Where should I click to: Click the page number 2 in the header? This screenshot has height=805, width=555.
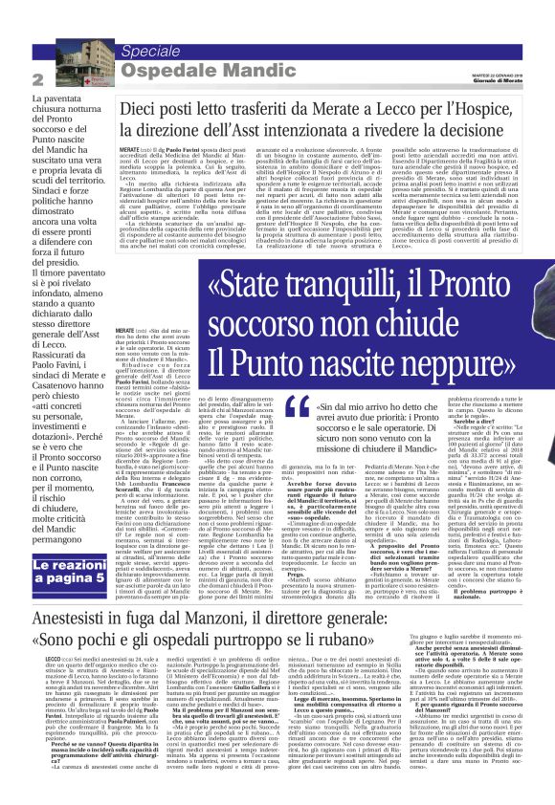pos(38,79)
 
